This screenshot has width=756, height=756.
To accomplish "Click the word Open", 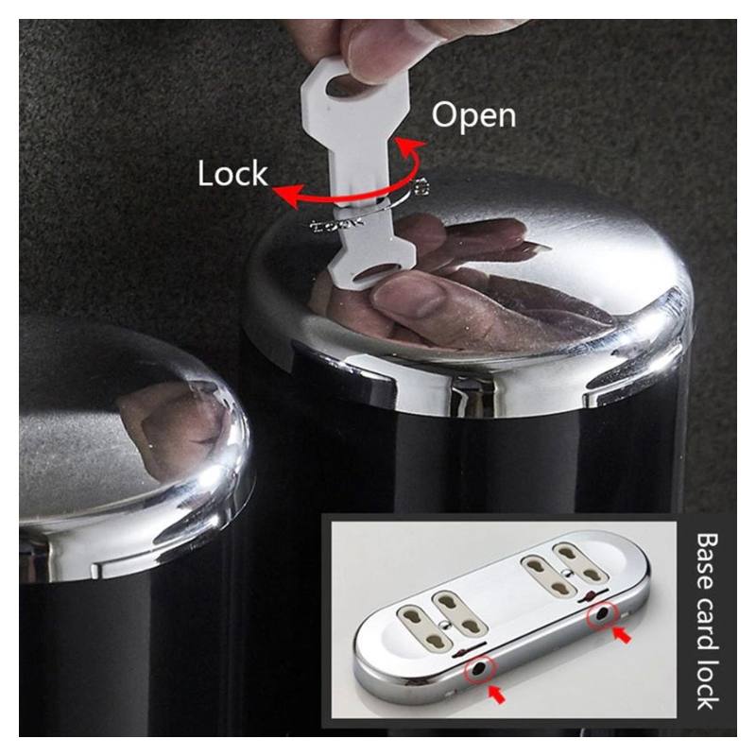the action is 473,116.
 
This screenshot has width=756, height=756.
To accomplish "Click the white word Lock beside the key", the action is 232,174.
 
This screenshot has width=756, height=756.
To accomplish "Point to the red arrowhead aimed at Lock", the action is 284,196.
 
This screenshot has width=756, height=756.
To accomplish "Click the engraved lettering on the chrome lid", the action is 337,224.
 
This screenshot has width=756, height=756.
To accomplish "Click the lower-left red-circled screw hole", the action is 480,668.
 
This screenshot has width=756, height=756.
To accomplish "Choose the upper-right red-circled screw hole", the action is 602,613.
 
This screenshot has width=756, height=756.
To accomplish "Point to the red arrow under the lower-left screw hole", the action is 497,695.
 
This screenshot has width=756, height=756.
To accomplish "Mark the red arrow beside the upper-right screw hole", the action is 622,635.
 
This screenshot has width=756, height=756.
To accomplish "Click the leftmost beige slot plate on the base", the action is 424,627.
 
